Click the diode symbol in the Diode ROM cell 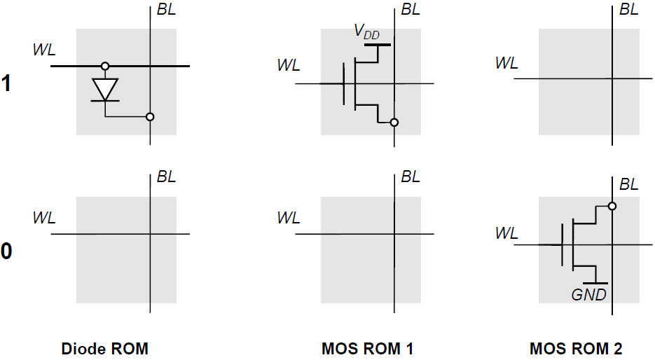tap(105, 90)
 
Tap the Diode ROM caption tap(105, 348)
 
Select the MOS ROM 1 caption tap(368, 348)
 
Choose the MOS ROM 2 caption tap(576, 348)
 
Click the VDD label tap(366, 32)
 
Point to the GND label tap(588, 295)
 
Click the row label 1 tap(6, 84)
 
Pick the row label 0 tap(6, 251)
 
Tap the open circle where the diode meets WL tap(105, 67)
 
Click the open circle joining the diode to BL tap(150, 117)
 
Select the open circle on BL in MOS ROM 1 tap(394, 123)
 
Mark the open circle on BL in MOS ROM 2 tap(612, 207)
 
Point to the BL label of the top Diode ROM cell tap(166, 11)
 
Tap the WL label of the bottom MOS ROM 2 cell tap(506, 233)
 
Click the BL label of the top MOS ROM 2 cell tap(628, 11)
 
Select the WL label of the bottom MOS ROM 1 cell tap(289, 217)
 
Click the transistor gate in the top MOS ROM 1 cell tap(344, 83)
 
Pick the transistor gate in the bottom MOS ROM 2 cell tap(563, 244)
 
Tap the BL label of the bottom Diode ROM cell tap(166, 177)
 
